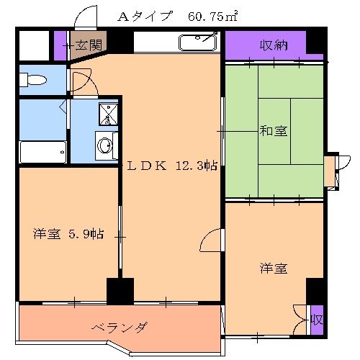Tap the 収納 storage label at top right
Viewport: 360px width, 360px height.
coord(274,45)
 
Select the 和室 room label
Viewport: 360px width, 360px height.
coord(274,131)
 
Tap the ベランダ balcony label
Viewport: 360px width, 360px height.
coord(120,328)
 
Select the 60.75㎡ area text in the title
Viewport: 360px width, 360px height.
coord(214,16)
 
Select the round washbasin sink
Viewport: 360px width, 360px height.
coord(105,146)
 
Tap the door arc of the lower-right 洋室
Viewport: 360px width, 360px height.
coord(213,241)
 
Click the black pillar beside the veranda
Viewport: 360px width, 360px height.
coord(120,291)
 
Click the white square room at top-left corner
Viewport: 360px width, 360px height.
coord(33,45)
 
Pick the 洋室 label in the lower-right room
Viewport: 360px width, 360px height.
coord(274,269)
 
